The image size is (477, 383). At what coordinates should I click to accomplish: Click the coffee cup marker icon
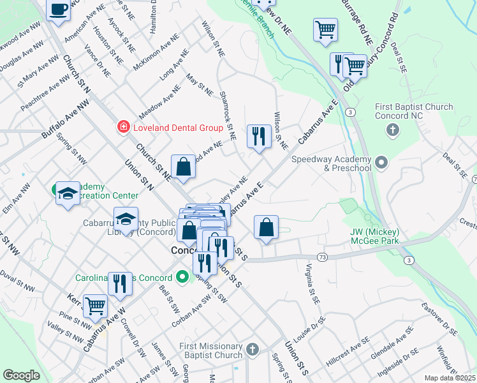(59, 11)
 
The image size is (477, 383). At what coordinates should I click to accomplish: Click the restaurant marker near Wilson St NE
(258, 137)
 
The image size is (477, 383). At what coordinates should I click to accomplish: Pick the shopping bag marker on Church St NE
(183, 167)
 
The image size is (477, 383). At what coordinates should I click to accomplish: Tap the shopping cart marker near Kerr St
(95, 307)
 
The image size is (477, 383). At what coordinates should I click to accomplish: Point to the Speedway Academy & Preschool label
(332, 163)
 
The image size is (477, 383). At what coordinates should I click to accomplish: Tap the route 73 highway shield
(321, 257)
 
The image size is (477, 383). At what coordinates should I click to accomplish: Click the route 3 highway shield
(351, 112)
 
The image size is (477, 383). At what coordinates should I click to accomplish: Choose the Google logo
(21, 375)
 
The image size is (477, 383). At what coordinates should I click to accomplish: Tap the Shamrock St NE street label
(228, 115)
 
